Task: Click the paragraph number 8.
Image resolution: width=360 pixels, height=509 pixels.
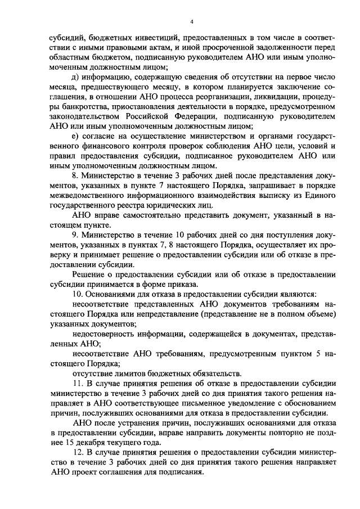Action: tap(75, 175)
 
